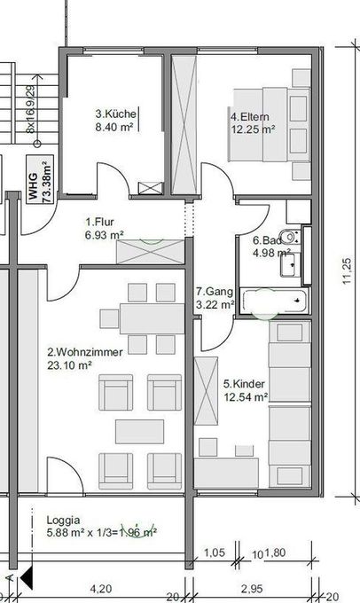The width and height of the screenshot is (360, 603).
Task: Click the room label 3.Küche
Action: (116, 114)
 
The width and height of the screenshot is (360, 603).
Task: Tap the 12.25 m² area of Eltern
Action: (253, 129)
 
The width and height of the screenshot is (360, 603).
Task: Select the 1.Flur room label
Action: (99, 222)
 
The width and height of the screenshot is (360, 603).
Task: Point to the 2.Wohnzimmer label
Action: (85, 352)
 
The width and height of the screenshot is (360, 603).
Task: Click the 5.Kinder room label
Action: (244, 384)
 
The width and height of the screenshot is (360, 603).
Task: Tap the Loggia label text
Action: (64, 520)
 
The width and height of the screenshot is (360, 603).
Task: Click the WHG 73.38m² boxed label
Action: (40, 179)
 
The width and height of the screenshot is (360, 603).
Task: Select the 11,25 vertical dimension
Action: (347, 271)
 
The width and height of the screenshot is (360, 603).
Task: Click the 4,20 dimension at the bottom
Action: (101, 589)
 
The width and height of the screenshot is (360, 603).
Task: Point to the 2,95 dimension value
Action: (252, 589)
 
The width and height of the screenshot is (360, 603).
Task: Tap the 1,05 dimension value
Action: (215, 552)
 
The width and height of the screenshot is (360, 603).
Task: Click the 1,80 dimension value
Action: (276, 553)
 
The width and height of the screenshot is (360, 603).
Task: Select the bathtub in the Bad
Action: (275, 301)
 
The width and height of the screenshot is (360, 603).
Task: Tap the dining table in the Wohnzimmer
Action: (153, 319)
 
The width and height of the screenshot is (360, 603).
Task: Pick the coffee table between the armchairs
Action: (139, 432)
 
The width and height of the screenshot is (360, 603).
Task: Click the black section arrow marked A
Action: (27, 577)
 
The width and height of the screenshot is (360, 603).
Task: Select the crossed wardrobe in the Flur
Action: (151, 252)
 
